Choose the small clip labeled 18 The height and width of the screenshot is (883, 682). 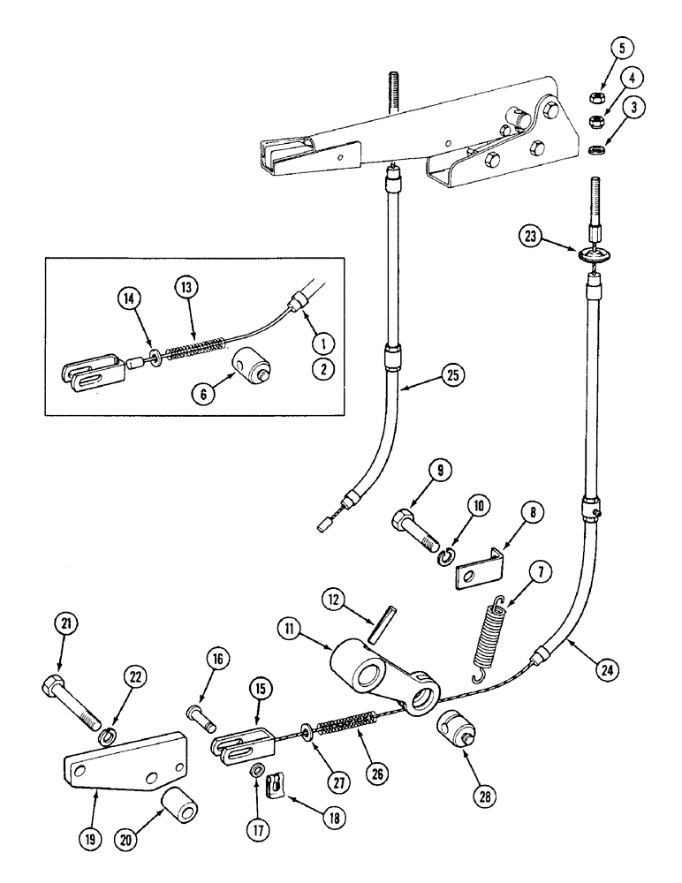click(x=277, y=784)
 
